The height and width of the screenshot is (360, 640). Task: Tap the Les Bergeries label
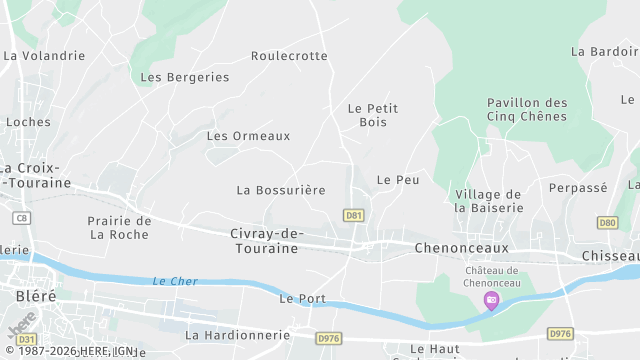coord(185,77)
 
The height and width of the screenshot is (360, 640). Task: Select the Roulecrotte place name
coord(289,56)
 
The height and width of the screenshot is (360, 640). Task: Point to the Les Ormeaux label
coord(248,136)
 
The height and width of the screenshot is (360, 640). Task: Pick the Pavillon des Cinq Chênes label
coord(527,110)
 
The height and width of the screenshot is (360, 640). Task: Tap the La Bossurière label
coord(281,189)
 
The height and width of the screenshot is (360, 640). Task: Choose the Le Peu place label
coord(397,179)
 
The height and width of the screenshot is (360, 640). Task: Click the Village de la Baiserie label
coord(488,201)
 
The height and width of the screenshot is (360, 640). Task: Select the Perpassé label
coord(578,187)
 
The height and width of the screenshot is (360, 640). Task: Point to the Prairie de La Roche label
coord(119,228)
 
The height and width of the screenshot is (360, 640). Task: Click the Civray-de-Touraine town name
coord(264,241)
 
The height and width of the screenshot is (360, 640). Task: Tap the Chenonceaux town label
coord(462,247)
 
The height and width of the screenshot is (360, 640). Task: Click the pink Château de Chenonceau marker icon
coord(491,299)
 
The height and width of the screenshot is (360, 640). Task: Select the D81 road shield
coord(353,215)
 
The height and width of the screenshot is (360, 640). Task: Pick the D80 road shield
coord(607,223)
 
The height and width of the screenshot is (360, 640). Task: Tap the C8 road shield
coord(21,216)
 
